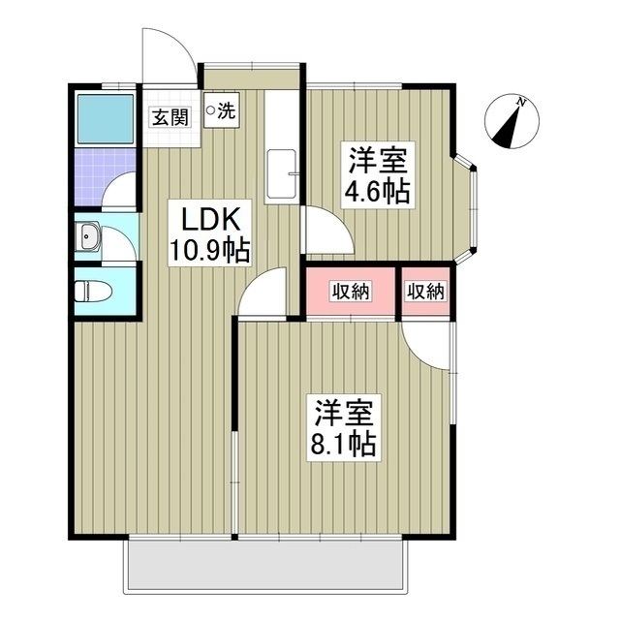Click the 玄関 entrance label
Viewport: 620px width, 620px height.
[x=169, y=117]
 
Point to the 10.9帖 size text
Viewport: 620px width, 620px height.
[x=209, y=252]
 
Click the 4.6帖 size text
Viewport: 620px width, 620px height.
[x=377, y=191]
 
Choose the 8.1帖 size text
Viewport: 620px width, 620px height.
[x=344, y=445]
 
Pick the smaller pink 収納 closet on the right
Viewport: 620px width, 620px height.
[x=426, y=290]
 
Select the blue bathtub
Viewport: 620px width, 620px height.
[x=106, y=119]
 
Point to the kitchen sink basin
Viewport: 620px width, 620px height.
[x=281, y=174]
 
